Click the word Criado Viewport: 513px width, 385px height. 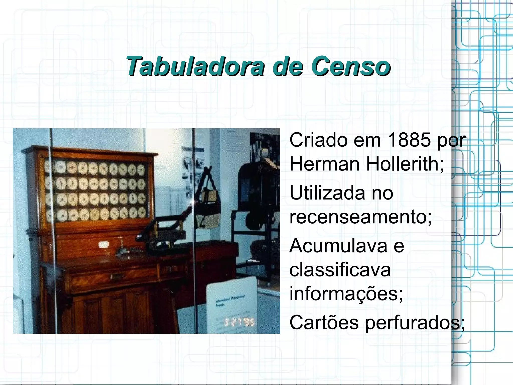[318, 140]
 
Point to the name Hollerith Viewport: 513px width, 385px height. [405, 164]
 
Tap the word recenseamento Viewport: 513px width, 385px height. [360, 217]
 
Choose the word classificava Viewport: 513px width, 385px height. [340, 270]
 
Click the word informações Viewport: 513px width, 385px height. [346, 294]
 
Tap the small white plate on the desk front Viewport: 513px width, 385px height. [103, 244]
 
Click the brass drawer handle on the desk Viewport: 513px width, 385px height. [116, 276]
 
